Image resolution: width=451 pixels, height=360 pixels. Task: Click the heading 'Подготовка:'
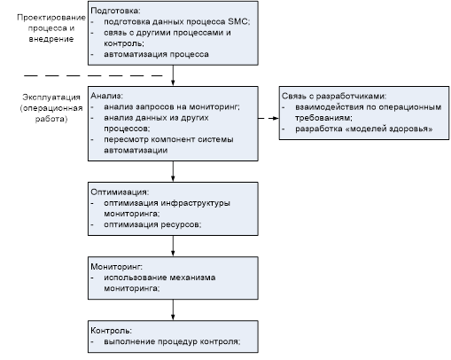pos(115,11)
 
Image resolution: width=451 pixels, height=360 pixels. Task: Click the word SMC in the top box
pos(238,21)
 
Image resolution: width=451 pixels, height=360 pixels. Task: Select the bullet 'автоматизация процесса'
pos(156,54)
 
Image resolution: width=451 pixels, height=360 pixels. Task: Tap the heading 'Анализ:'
pos(106,96)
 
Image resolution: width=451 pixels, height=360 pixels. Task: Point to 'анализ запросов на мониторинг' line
pos(172,106)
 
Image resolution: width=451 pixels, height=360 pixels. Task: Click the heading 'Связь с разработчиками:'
pos(334,96)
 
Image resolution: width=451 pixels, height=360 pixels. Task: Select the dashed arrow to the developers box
pos(268,118)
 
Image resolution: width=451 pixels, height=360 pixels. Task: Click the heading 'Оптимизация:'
pos(120,192)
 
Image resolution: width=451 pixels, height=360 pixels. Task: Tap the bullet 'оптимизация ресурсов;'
pos(152,224)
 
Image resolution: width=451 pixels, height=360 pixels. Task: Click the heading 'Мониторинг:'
pos(116,267)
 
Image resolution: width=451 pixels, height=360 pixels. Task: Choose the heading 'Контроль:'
pos(111,331)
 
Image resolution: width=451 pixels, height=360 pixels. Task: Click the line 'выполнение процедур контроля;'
pos(172,341)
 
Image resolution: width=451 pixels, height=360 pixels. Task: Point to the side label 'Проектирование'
pos(51,18)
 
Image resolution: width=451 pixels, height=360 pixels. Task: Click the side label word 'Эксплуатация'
pos(51,98)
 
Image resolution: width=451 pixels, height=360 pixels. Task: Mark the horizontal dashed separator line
pos(93,76)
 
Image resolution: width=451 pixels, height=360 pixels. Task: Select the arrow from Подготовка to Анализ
pos(173,75)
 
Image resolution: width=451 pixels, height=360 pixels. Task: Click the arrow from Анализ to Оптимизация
pos(173,171)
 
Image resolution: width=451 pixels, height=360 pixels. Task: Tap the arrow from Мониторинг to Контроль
pos(173,309)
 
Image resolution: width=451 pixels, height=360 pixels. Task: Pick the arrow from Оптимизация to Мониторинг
pos(173,246)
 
